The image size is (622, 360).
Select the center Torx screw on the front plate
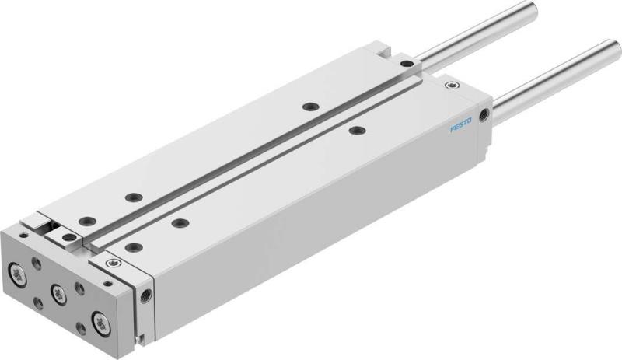pyautogui.click(x=58, y=292)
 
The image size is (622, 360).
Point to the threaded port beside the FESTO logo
pyautogui.click(x=485, y=115)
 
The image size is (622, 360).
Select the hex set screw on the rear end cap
pyautogui.click(x=446, y=86)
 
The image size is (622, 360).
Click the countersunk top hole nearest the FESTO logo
pyautogui.click(x=356, y=130)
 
